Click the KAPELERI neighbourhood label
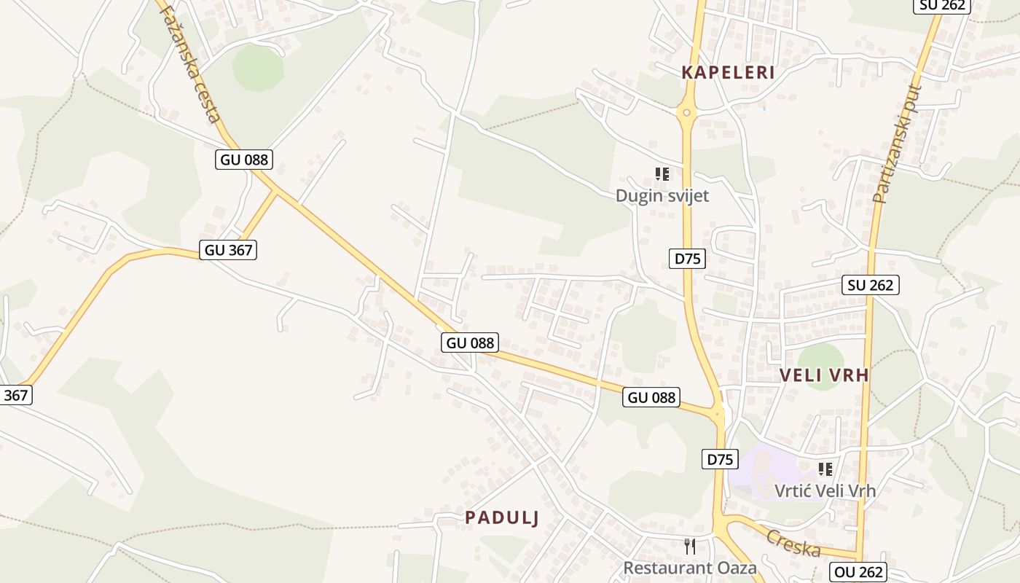(x=728, y=72)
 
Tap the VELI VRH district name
(x=824, y=375)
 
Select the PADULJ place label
(x=502, y=517)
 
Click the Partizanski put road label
(x=898, y=144)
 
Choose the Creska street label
(x=793, y=543)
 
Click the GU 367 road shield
(x=229, y=250)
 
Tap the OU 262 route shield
(x=859, y=572)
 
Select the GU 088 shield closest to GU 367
(x=243, y=159)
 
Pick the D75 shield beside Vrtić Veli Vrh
(x=720, y=459)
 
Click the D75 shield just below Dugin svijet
(x=688, y=258)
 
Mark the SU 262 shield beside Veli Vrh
(x=871, y=285)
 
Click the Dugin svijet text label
(x=662, y=195)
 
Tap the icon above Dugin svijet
(x=662, y=174)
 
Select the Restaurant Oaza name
(x=689, y=567)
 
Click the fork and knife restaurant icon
(x=689, y=546)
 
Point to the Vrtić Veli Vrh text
(x=825, y=490)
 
